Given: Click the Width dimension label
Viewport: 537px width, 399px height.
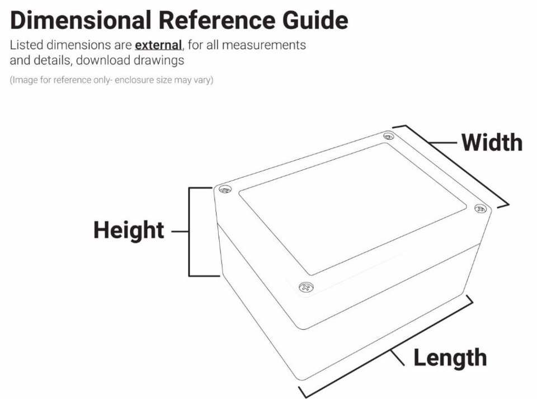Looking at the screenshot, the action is tap(491, 143).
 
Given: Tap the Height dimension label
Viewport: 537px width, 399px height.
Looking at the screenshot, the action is tap(129, 231).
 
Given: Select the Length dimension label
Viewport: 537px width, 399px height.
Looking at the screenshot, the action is tap(450, 358).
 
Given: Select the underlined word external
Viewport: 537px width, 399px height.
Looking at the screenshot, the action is tap(158, 45).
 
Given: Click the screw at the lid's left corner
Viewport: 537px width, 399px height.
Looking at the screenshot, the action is tap(225, 189).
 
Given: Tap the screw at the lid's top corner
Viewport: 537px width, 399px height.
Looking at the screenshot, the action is tap(388, 136).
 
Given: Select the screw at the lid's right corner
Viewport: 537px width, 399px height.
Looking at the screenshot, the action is tap(480, 208).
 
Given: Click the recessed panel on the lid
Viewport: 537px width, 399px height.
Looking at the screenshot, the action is tap(352, 207).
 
